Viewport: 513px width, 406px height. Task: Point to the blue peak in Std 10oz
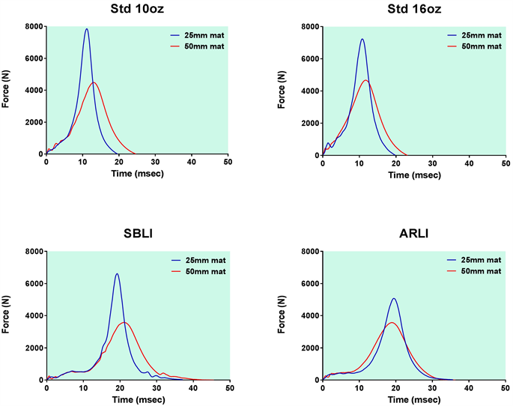[87, 29]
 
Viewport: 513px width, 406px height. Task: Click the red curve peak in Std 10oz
[94, 82]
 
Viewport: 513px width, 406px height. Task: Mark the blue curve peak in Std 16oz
[362, 39]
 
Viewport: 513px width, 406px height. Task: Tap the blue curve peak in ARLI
[394, 298]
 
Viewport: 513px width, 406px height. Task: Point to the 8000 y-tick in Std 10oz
[31, 26]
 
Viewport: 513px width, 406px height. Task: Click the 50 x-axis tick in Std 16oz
[505, 163]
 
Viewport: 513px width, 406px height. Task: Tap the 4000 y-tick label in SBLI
[31, 316]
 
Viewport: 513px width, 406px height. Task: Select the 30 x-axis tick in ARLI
[432, 388]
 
